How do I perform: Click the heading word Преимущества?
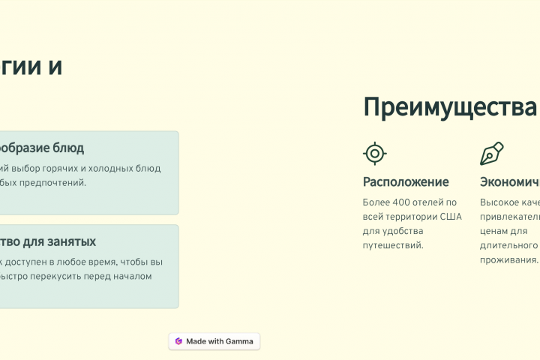[450, 107]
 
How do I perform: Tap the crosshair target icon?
[374, 153]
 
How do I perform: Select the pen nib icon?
[491, 153]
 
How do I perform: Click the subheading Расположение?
[406, 181]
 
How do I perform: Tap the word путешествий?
[392, 245]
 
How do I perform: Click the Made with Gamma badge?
[214, 341]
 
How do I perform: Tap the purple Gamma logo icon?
[178, 341]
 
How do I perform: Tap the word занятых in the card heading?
[70, 241]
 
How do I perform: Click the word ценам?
[495, 231]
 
